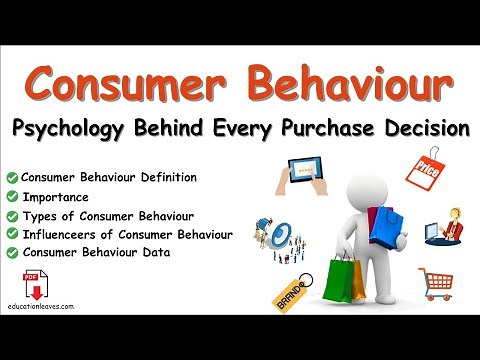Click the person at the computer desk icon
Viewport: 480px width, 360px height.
(x=443, y=226)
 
